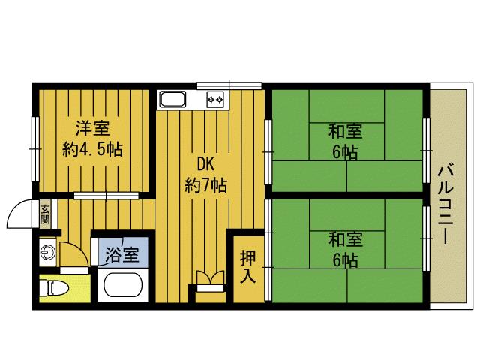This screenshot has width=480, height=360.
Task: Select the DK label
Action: pyautogui.click(x=206, y=163)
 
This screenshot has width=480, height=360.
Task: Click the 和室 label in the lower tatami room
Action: pyautogui.click(x=345, y=240)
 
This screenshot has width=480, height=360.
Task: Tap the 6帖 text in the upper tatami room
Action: pyautogui.click(x=345, y=153)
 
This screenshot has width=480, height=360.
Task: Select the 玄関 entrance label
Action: pyautogui.click(x=45, y=215)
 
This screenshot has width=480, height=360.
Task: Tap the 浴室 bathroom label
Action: pyautogui.click(x=121, y=254)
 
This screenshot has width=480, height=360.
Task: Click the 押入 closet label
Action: pyautogui.click(x=247, y=266)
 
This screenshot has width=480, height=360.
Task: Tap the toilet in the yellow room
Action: pyautogui.click(x=56, y=287)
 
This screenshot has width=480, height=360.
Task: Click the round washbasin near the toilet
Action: pyautogui.click(x=47, y=252)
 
